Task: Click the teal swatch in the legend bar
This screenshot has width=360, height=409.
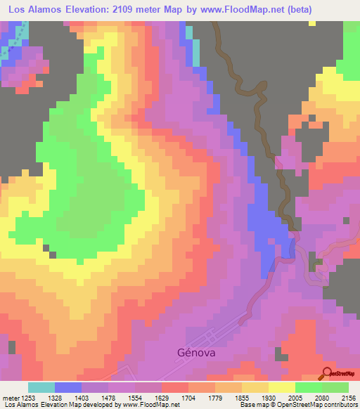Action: [x=41, y=388]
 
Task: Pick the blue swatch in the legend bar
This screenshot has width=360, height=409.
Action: [x=68, y=388]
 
